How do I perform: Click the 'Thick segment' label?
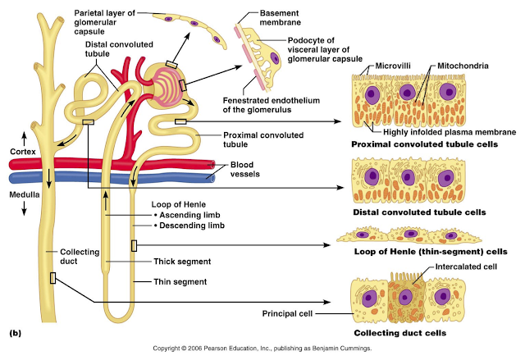pyautogui.click(x=183, y=262)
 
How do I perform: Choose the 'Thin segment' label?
pyautogui.click(x=181, y=281)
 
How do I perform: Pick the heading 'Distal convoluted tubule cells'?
pyautogui.click(x=418, y=212)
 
